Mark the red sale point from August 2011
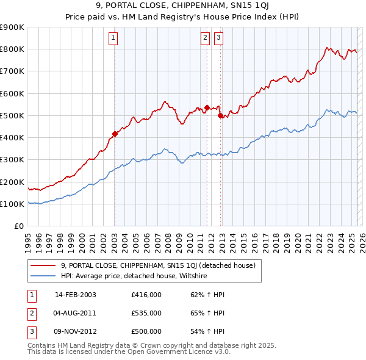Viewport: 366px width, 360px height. click(x=207, y=107)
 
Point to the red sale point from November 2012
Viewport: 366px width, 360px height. click(x=220, y=115)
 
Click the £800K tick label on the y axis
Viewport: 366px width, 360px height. click(x=12, y=49)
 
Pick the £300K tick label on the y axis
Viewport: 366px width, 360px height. click(x=12, y=160)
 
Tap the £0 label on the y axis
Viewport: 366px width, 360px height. click(x=18, y=226)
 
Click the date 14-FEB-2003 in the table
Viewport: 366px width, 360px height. click(x=76, y=295)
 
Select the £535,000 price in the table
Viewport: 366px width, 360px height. click(x=146, y=313)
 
